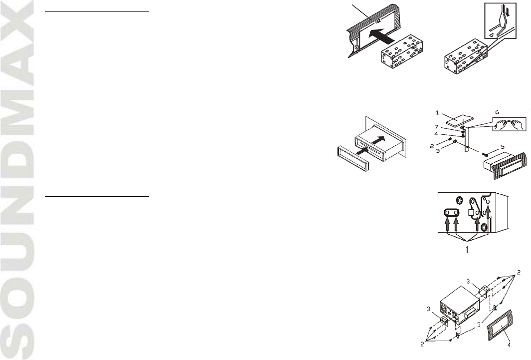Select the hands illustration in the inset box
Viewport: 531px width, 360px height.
coord(508,124)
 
